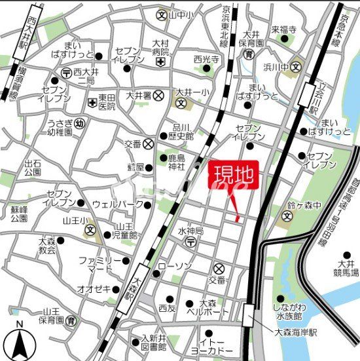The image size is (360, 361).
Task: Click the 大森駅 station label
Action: pyautogui.click(x=129, y=288)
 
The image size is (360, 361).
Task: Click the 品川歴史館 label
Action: pyautogui.click(x=180, y=132)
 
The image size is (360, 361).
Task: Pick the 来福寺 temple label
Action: pyautogui.click(x=284, y=30)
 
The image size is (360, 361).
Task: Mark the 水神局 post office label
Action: pyautogui.click(x=190, y=231)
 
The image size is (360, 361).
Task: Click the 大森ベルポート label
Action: pyautogui.click(x=208, y=307)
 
